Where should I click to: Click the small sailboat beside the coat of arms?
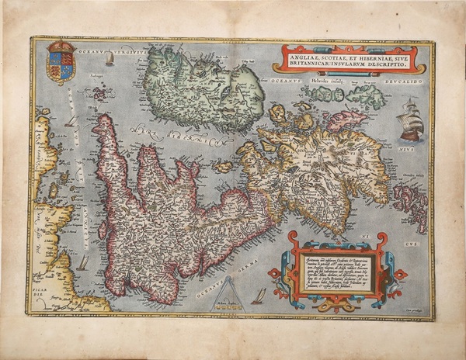109,58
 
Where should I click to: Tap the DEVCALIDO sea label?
403,78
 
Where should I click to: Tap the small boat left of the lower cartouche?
259,295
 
